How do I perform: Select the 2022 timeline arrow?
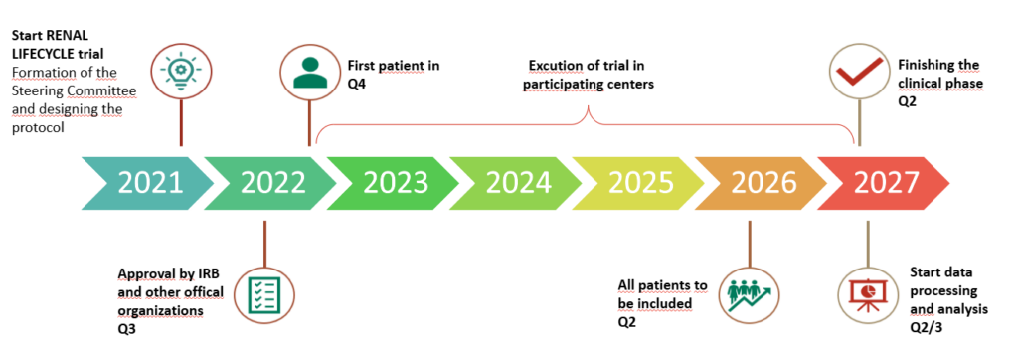[270, 183]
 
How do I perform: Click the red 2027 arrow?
[884, 183]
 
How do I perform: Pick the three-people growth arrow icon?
[750, 295]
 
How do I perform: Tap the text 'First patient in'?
[394, 66]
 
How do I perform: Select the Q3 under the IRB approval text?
[126, 329]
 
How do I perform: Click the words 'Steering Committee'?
[74, 92]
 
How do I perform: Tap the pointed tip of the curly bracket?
[588, 107]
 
